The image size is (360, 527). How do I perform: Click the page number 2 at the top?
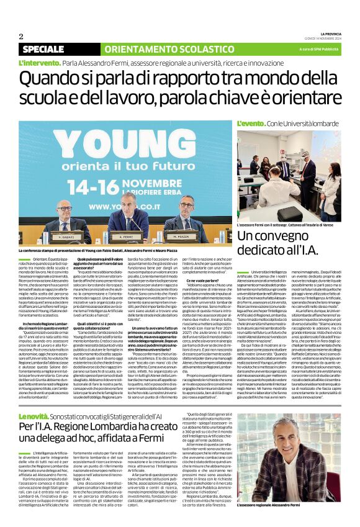pos(20,36)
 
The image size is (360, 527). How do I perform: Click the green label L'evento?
pos(251,125)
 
